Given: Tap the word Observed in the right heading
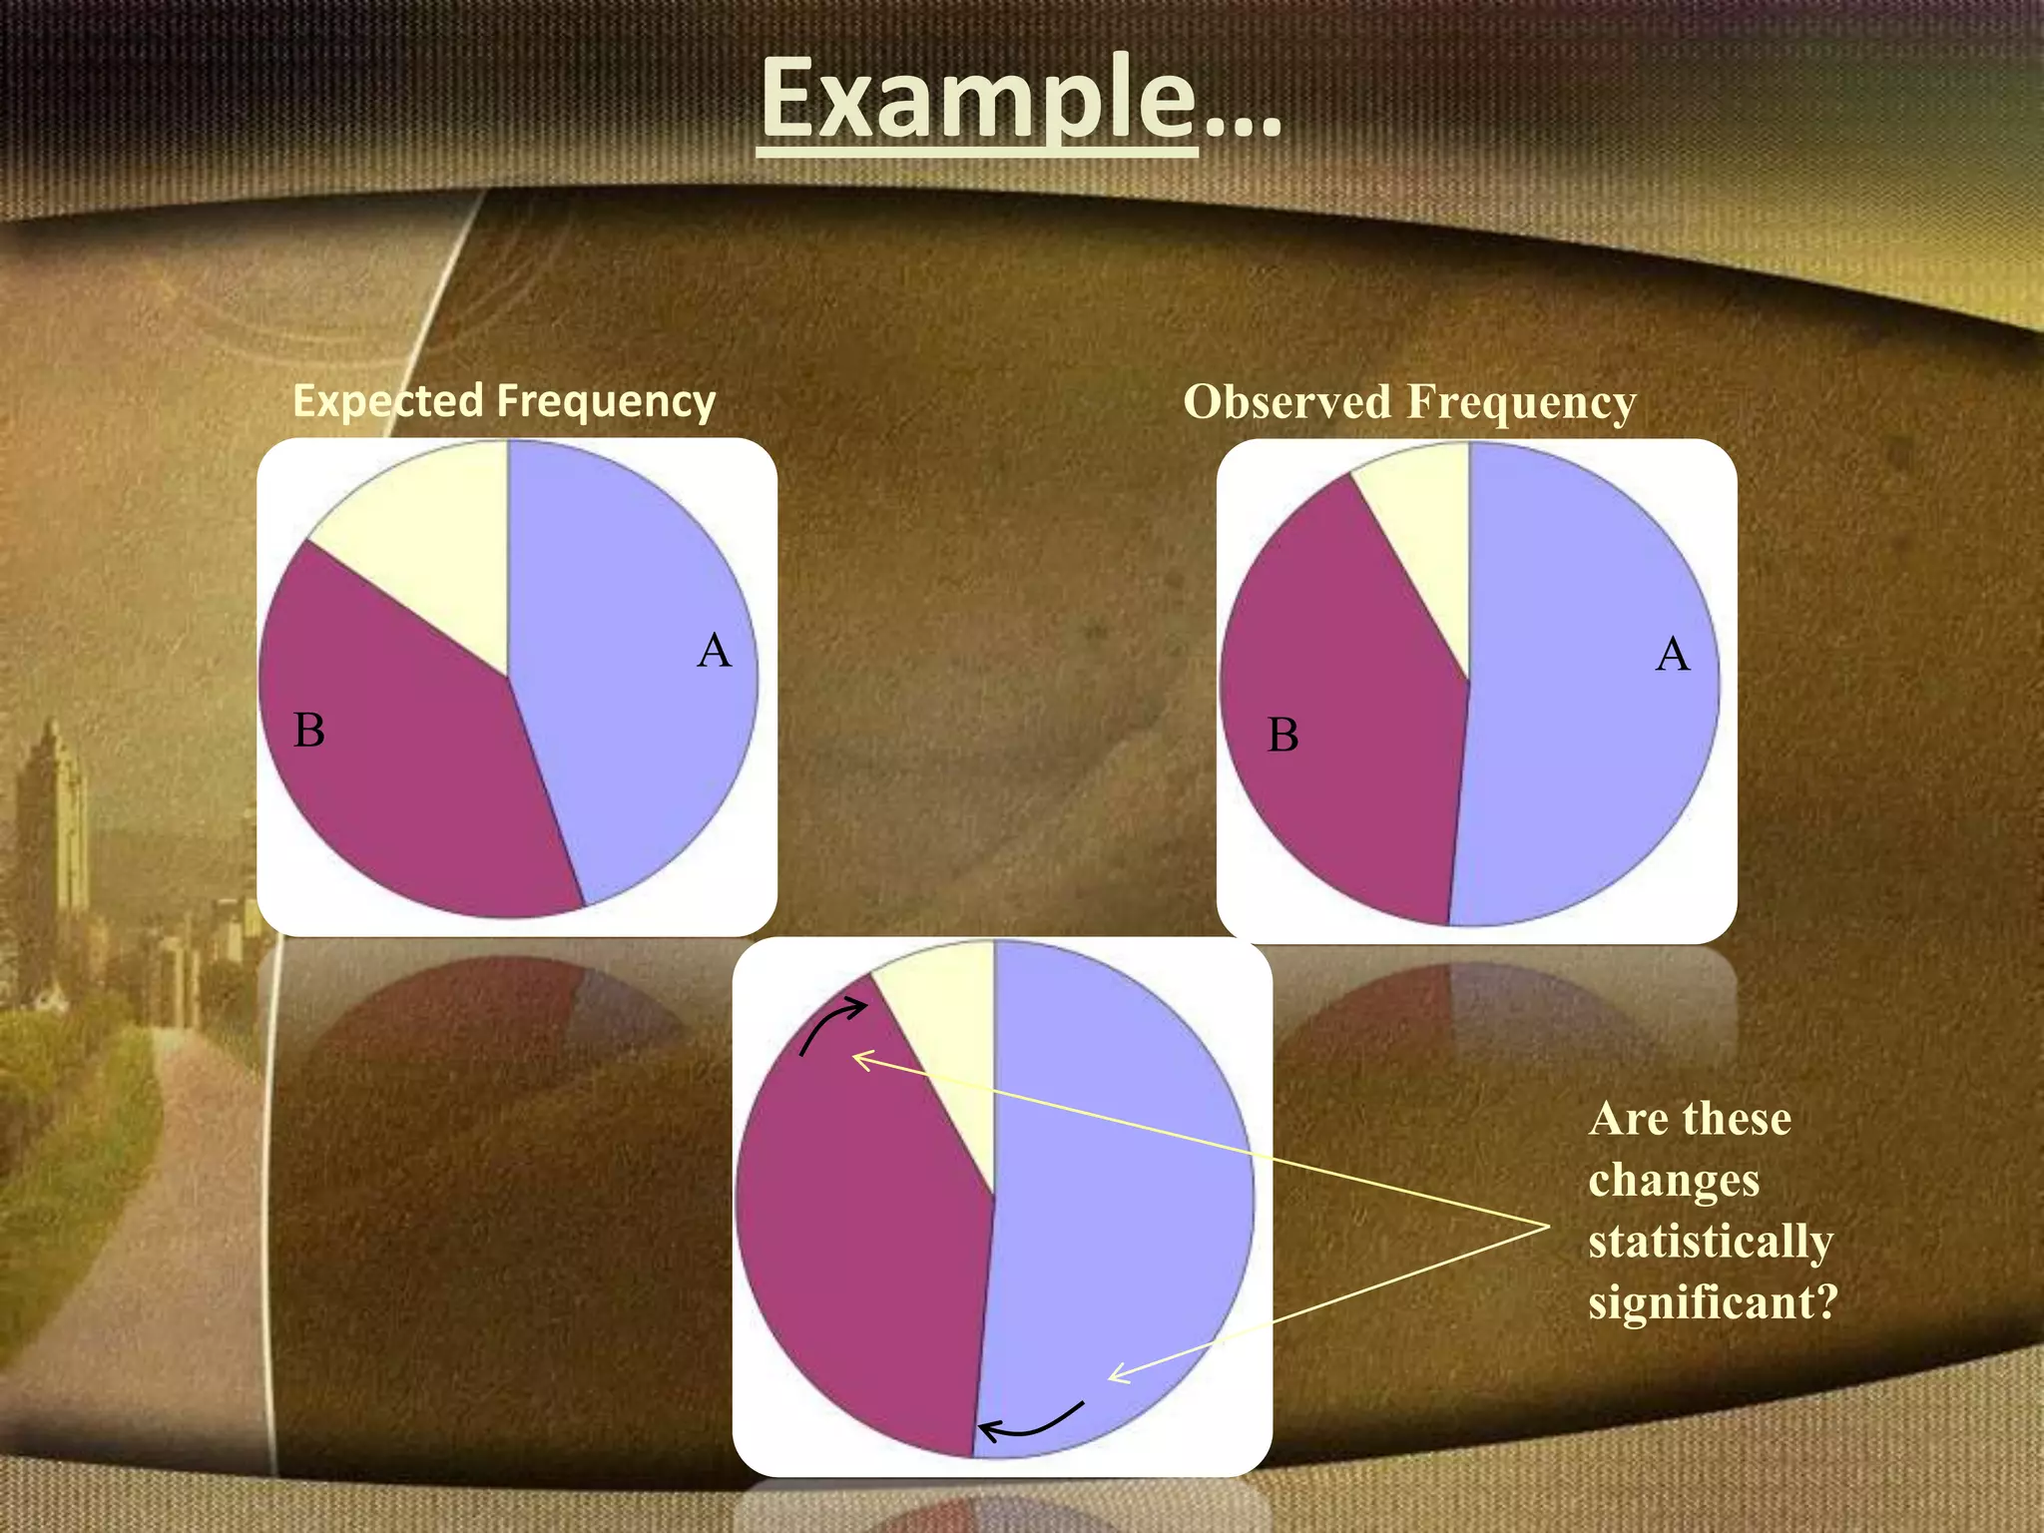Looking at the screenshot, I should [1286, 402].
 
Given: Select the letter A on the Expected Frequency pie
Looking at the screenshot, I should [714, 651].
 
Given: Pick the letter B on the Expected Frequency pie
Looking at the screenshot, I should [309, 730].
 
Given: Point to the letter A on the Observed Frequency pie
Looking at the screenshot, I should [1673, 655].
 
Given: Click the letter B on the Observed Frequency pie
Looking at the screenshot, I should [1283, 736].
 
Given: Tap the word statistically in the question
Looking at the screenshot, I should [1711, 1242].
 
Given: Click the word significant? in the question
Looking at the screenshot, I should [1713, 1302].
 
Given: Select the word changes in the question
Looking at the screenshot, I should [1674, 1181].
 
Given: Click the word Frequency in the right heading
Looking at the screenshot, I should [1521, 402].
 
